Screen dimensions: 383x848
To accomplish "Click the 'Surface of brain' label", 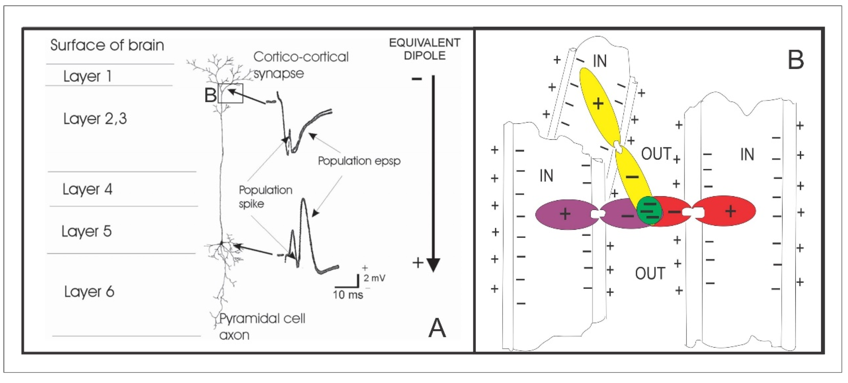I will tap(107, 45).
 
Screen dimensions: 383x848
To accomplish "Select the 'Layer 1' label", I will tap(87, 76).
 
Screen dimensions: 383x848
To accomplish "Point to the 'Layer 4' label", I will tap(87, 189).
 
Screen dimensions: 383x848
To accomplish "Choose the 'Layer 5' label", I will tap(87, 231).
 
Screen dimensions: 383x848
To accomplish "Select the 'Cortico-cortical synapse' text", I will tap(300, 65).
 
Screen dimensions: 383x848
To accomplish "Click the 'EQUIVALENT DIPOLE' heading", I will tap(425, 49).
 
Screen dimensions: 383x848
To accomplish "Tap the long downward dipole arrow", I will tap(433, 171).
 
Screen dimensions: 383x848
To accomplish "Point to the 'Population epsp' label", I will tap(359, 161).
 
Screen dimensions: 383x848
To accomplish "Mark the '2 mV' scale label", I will tap(374, 278).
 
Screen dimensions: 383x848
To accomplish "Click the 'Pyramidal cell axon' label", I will tap(262, 326).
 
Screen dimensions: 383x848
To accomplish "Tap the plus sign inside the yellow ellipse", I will tap(598, 104).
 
